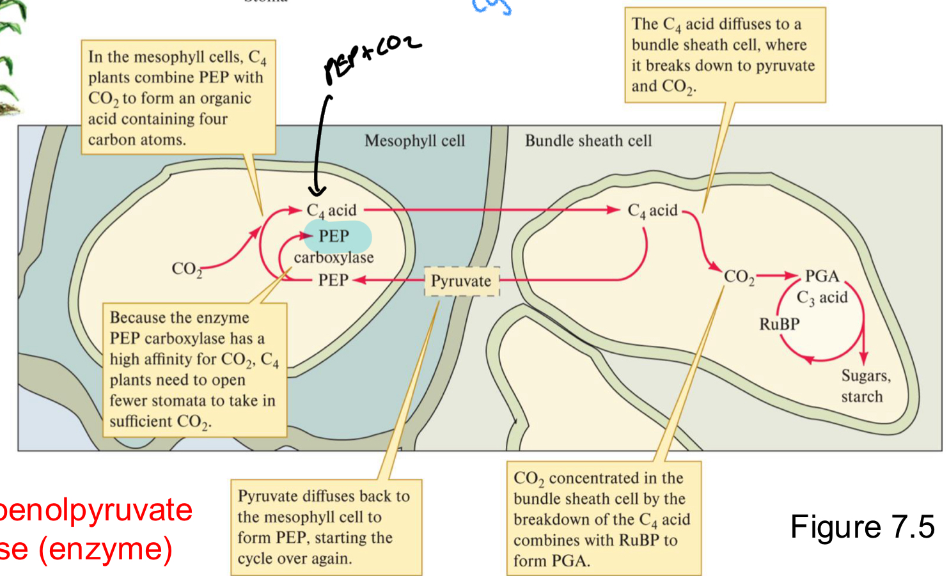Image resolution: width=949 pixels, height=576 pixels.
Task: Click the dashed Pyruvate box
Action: (461, 281)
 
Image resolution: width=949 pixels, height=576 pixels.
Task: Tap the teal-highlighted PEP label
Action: (335, 237)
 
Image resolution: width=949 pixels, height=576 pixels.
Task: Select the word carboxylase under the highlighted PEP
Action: (334, 258)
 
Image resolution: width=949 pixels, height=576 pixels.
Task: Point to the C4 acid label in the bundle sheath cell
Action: (652, 211)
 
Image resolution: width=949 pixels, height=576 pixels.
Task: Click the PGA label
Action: (822, 276)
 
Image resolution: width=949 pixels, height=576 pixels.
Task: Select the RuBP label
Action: (779, 324)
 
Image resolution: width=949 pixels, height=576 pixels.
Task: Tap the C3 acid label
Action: (822, 298)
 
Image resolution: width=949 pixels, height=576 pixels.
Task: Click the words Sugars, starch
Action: (865, 386)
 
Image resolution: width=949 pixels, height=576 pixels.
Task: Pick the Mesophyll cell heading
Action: (414, 141)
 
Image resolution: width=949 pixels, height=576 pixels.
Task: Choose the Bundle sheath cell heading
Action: (588, 141)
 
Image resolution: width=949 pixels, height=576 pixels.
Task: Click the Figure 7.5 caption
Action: (862, 527)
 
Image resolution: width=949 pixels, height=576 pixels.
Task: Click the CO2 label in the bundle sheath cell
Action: (739, 277)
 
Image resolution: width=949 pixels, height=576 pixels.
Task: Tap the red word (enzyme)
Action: (106, 549)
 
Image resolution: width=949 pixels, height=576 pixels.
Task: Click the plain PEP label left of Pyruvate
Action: (333, 280)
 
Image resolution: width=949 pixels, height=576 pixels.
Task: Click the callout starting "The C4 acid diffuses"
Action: (725, 55)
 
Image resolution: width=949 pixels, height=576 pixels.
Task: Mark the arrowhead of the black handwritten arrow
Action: (317, 191)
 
